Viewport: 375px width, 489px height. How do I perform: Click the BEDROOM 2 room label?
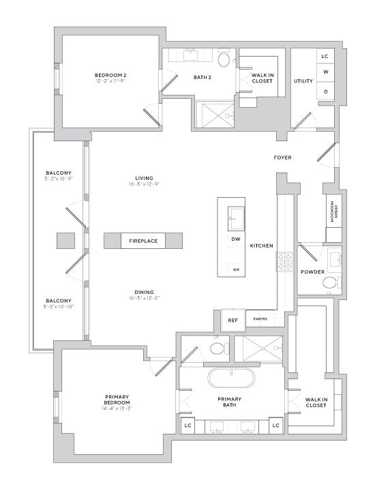[110, 75]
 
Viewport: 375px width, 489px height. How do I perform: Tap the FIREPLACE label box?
[143, 241]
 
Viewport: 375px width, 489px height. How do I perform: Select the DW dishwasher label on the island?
[235, 239]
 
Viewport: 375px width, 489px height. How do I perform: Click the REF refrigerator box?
[232, 319]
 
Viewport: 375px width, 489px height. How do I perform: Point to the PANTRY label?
[260, 318]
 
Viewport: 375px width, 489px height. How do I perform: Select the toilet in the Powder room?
[330, 282]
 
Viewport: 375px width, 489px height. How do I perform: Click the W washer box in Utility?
[325, 72]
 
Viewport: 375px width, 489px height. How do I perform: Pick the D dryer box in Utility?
[325, 91]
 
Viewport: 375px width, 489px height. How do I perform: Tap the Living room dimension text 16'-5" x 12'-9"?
[143, 183]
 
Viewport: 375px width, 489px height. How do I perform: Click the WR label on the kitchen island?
[236, 269]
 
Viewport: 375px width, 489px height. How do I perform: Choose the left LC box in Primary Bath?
[187, 426]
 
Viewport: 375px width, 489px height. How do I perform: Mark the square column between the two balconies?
[65, 241]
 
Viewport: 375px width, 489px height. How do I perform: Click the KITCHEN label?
[262, 246]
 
